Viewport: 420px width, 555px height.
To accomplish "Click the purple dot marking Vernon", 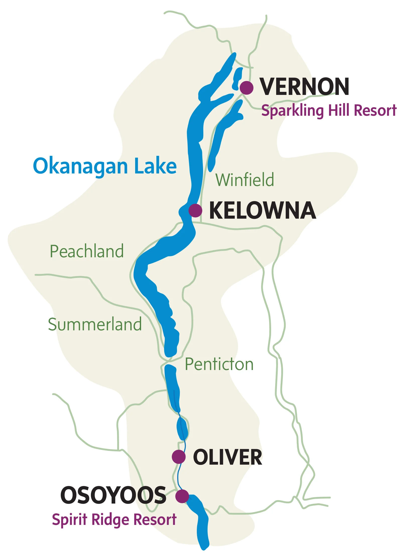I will [x=247, y=88].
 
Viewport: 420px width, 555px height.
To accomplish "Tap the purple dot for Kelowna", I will [x=195, y=210].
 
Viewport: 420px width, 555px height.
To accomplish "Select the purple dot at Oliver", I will [x=179, y=457].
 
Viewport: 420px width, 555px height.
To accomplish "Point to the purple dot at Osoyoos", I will [x=182, y=496].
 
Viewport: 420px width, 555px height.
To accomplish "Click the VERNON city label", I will [x=304, y=87].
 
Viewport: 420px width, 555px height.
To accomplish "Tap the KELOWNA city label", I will [x=262, y=210].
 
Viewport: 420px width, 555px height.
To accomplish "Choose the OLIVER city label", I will [x=227, y=457].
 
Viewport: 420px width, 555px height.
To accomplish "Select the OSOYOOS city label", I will [x=113, y=495].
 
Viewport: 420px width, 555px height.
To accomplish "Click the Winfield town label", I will [x=245, y=180].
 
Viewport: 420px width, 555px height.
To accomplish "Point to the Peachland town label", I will [x=87, y=251].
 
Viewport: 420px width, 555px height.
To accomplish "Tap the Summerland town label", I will [x=95, y=324].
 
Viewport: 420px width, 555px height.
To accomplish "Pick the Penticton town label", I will [x=219, y=364].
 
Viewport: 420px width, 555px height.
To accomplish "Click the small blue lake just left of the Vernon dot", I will [x=237, y=79].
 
